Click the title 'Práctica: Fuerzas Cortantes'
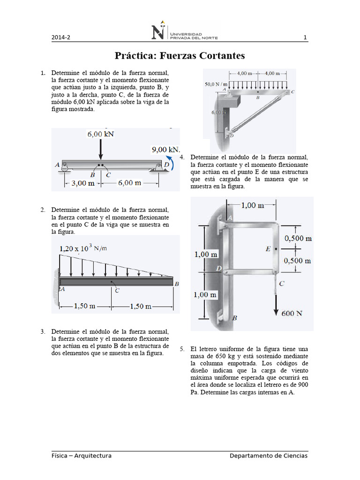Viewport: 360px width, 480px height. pyautogui.click(x=180, y=56)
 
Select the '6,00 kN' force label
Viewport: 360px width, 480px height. pyautogui.click(x=101, y=134)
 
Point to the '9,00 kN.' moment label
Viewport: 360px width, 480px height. pyautogui.click(x=165, y=150)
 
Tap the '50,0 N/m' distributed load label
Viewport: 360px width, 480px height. pyautogui.click(x=216, y=84)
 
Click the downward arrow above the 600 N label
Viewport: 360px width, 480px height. pyautogui.click(x=276, y=305)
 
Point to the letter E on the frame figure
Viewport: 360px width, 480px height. pyautogui.click(x=268, y=249)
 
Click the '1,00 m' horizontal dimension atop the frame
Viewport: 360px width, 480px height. pyautogui.click(x=252, y=205)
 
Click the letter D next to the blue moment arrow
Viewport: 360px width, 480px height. pyautogui.click(x=166, y=165)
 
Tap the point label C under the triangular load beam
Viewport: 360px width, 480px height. pyautogui.click(x=117, y=291)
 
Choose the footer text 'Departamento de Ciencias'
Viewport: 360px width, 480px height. pyautogui.click(x=269, y=456)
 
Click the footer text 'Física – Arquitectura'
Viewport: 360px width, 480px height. pyautogui.click(x=82, y=456)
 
